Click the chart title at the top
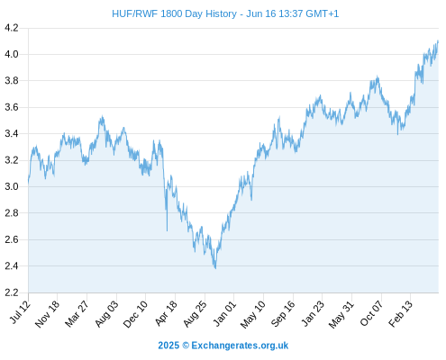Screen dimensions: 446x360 pos(225,13)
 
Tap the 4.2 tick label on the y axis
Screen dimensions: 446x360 pos(12,28)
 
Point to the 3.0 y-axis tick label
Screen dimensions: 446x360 pos(12,186)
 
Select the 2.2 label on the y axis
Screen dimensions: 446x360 pos(12,292)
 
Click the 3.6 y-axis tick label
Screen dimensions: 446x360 pos(12,107)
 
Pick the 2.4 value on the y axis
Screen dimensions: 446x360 pos(12,266)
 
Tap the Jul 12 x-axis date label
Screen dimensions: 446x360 pos(20,312)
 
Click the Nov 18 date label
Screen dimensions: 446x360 pos(47,314)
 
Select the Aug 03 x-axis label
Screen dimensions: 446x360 pos(106,314)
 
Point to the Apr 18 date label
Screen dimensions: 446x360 pos(166,313)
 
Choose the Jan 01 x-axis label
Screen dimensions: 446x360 pos(224,313)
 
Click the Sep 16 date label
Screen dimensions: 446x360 pos(283,314)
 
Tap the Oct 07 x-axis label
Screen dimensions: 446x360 pos(371,313)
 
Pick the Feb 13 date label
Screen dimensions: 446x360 pos(400,314)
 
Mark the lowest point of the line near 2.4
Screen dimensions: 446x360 pos(215,268)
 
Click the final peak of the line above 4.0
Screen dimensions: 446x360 pos(438,40)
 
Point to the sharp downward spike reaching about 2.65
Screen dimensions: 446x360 pos(167,230)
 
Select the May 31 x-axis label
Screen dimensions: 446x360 pos(341,314)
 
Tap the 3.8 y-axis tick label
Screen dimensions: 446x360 pos(12,81)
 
